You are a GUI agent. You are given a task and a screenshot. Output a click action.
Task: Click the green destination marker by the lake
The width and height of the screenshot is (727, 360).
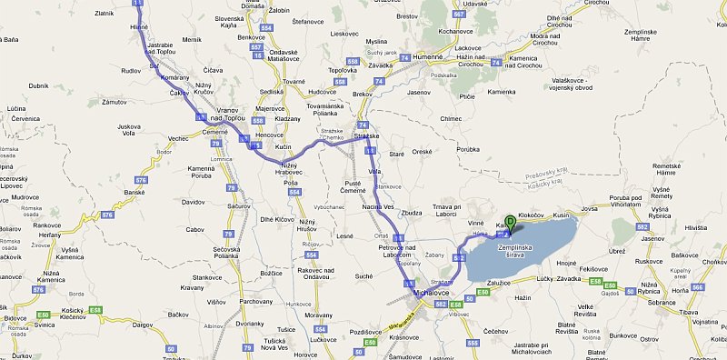[x=511, y=222]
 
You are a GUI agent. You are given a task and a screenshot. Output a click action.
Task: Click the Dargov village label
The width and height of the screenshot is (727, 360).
[x=143, y=325]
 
